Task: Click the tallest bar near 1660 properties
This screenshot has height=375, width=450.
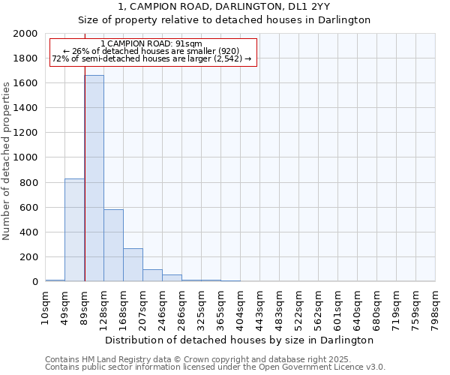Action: click(94, 178)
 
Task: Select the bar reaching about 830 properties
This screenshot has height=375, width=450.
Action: click(74, 229)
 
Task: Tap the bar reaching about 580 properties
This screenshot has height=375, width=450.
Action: click(113, 245)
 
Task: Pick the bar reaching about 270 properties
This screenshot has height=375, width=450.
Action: click(133, 265)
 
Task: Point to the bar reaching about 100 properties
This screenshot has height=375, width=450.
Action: click(152, 275)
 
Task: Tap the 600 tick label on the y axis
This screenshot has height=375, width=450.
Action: click(29, 208)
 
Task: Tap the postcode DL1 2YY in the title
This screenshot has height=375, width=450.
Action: click(309, 7)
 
